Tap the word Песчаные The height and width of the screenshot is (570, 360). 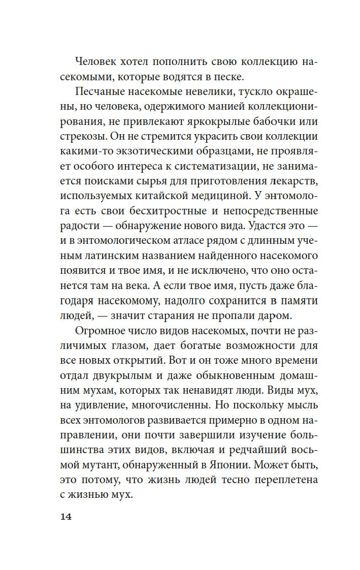pos(102,93)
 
